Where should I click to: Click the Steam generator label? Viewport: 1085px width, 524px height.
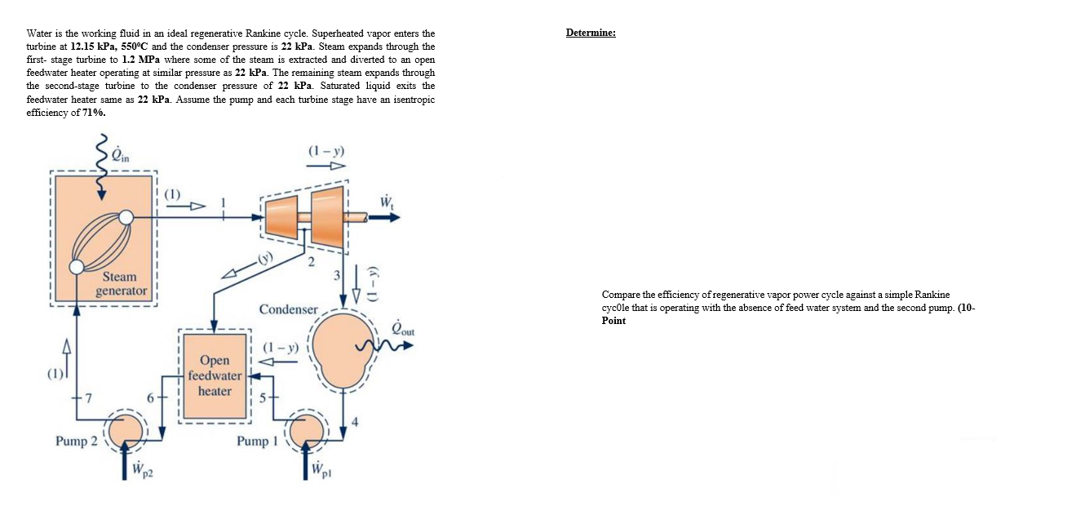point(121,284)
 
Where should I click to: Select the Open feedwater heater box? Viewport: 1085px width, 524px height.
point(215,375)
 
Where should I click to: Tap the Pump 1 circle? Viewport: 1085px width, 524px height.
point(307,429)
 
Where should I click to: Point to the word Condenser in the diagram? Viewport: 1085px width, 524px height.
point(288,309)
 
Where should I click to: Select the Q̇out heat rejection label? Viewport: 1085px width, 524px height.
point(403,328)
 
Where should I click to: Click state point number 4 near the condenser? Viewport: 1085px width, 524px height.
point(355,421)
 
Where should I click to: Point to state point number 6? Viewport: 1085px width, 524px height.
point(150,397)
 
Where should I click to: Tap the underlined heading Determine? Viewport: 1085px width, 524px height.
point(591,33)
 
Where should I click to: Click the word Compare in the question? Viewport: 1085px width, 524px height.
point(621,294)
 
